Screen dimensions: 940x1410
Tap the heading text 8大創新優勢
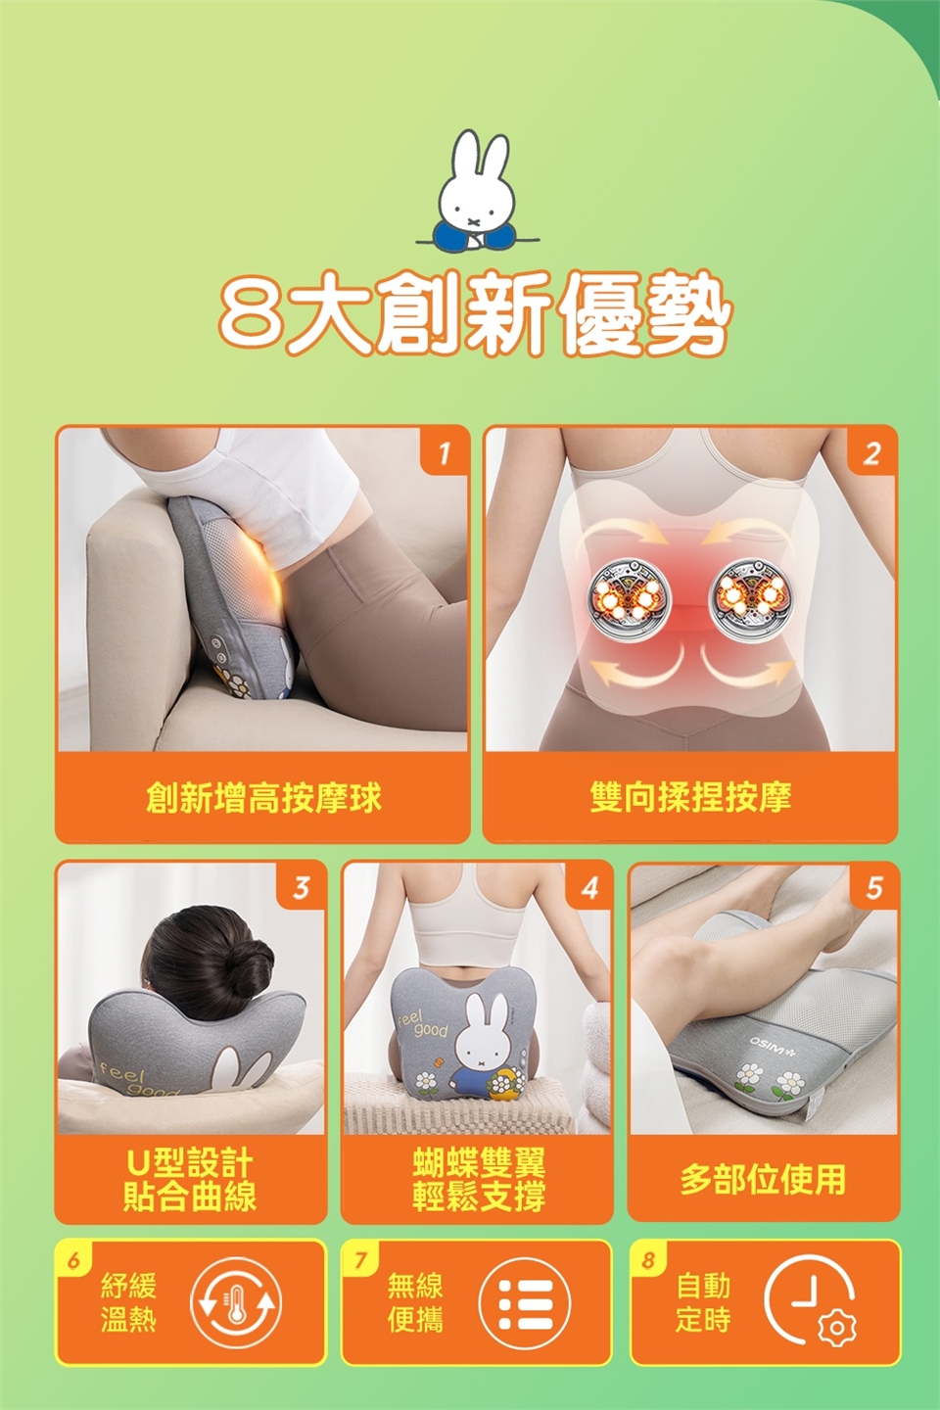[x=475, y=314]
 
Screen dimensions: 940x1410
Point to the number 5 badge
[x=873, y=888]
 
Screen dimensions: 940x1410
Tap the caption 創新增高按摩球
[x=263, y=798]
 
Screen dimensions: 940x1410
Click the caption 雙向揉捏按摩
[x=690, y=797]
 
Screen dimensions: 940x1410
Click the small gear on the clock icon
[x=837, y=1328]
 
